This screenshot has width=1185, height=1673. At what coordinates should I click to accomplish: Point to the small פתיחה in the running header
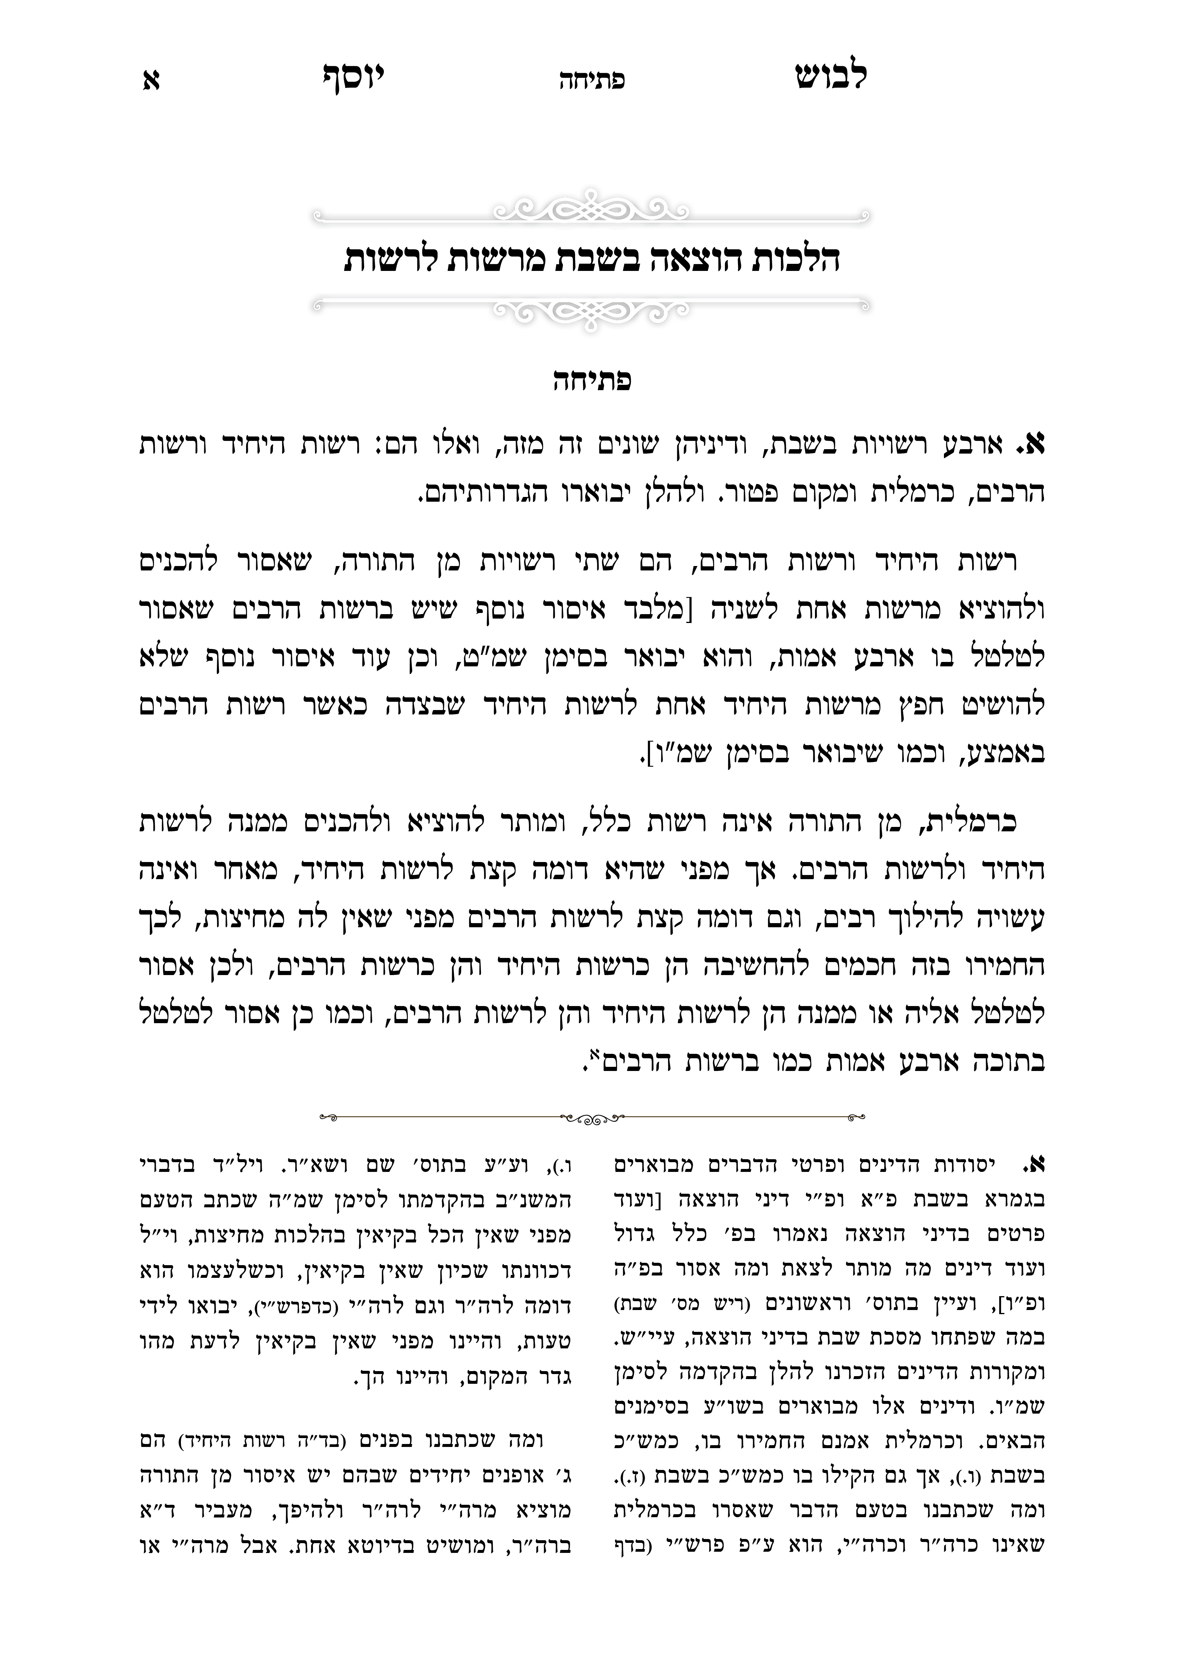pos(592,80)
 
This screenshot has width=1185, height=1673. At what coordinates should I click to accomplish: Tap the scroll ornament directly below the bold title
pos(592,310)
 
